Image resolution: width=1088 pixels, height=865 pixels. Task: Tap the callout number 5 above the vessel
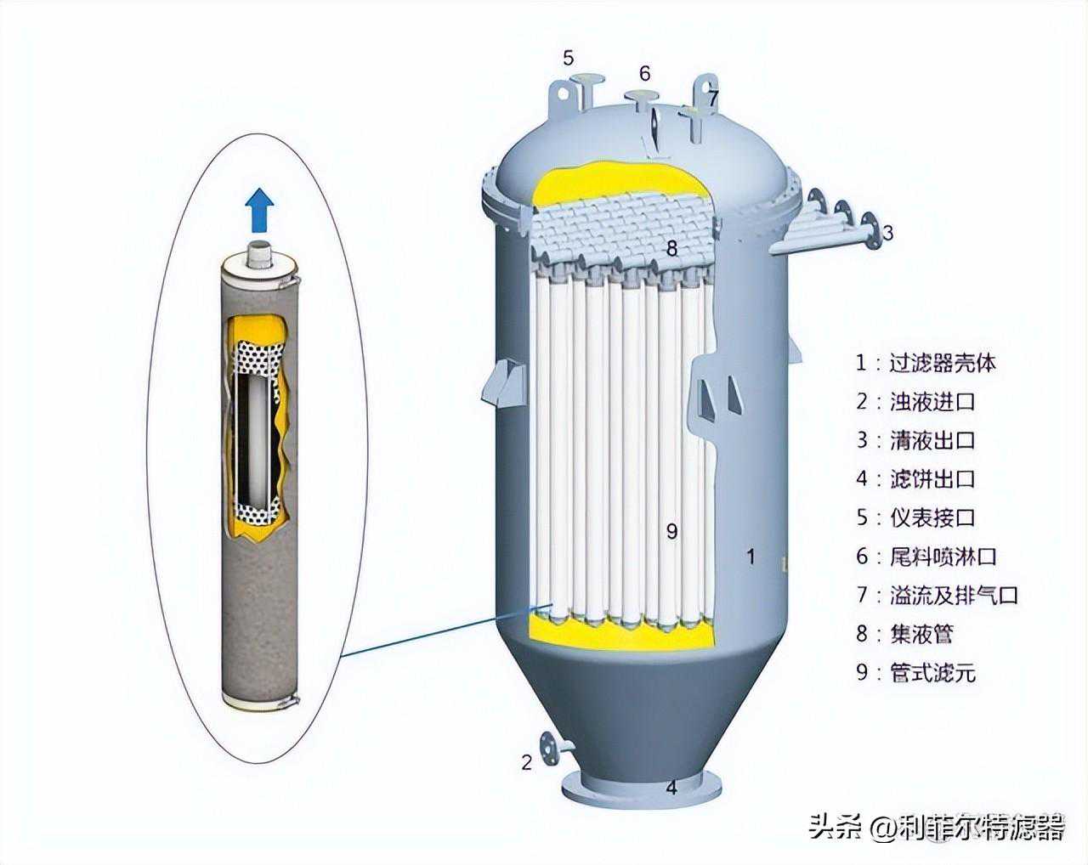tap(569, 58)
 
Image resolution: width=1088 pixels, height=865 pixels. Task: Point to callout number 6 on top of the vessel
tap(644, 73)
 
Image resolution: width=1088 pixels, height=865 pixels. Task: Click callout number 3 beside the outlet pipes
tap(887, 233)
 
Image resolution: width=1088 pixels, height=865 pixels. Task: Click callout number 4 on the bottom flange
tap(671, 802)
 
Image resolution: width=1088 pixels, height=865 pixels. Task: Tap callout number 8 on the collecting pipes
tap(671, 248)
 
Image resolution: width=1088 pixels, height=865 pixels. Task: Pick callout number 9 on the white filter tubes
tap(671, 531)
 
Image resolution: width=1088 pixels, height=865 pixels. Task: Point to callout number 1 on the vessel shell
tap(751, 557)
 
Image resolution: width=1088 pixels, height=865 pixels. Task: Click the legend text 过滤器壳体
tap(943, 363)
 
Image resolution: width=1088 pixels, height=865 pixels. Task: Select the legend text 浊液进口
tap(932, 401)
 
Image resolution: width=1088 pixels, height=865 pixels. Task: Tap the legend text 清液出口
tap(932, 440)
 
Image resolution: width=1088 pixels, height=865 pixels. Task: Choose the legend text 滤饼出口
tap(932, 478)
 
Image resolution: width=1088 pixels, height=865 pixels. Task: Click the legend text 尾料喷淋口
tap(943, 557)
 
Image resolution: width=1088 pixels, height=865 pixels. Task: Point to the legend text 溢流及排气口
tap(953, 595)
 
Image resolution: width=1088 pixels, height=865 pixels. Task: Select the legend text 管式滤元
tap(932, 672)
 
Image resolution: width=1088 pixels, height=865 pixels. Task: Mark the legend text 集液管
tap(921, 634)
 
